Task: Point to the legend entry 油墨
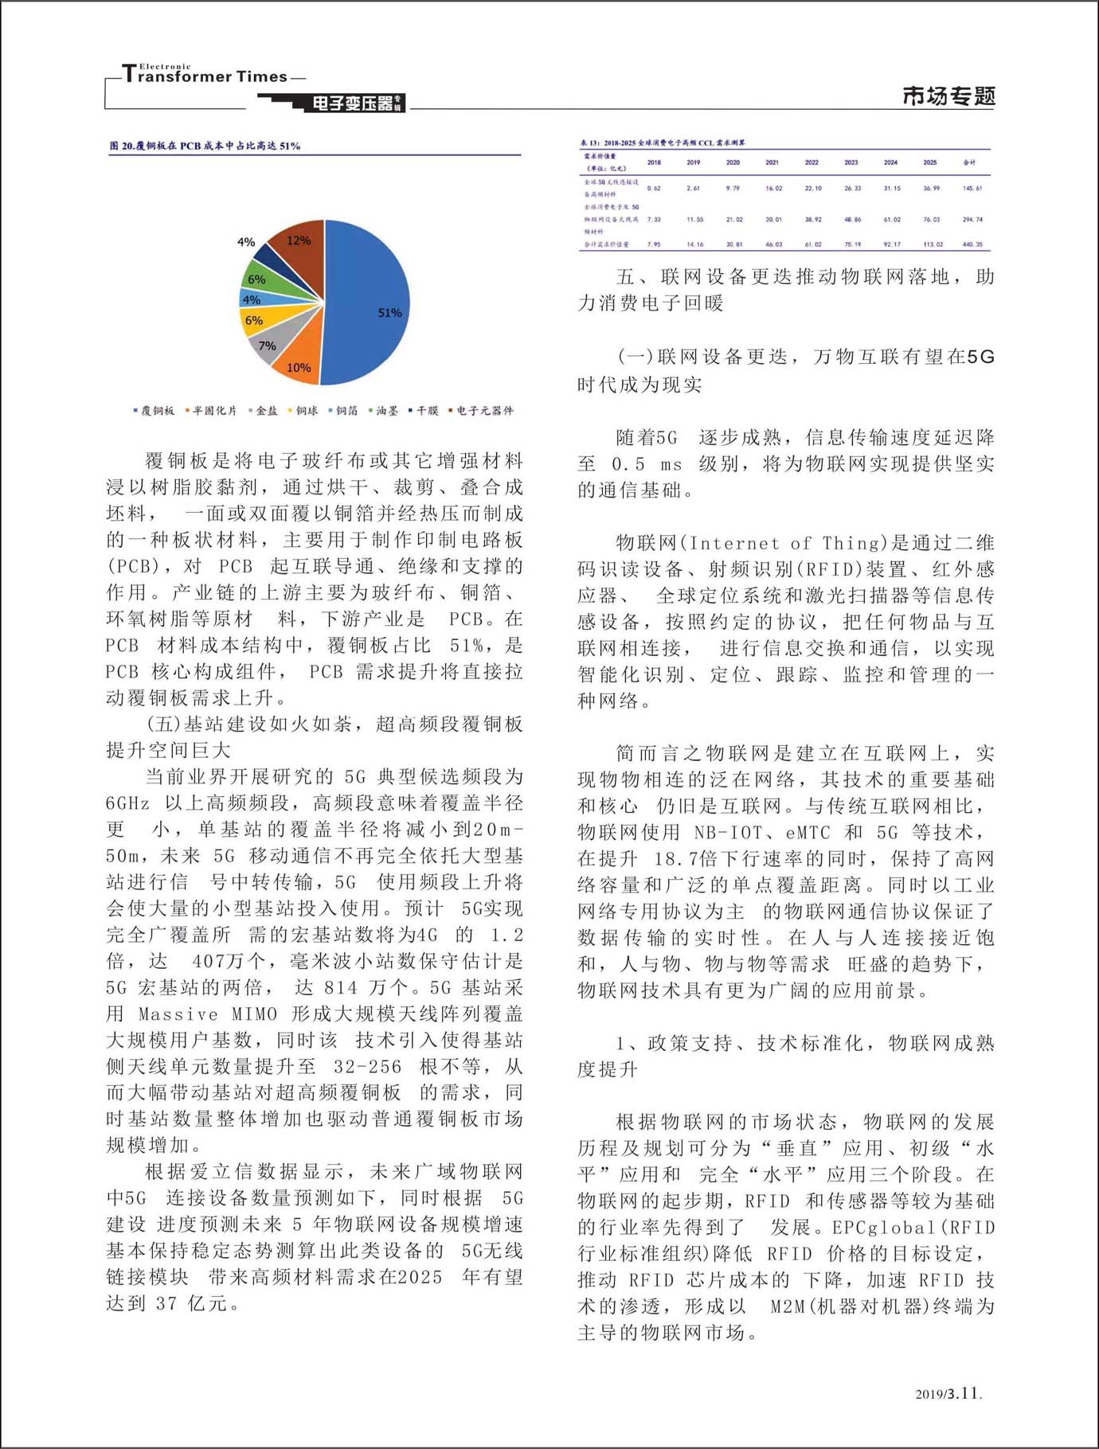[386, 411]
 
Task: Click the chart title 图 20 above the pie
[205, 146]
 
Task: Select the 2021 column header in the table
[772, 162]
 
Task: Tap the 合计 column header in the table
[969, 162]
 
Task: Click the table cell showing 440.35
[972, 244]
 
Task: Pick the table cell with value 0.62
[654, 189]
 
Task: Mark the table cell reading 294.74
[972, 219]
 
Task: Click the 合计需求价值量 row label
[607, 244]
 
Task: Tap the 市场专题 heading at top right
[948, 96]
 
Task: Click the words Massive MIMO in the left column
[208, 1014]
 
